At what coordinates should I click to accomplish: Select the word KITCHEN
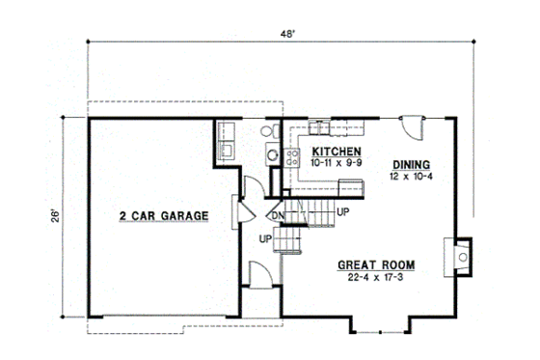tap(337, 152)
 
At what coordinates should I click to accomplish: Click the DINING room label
tap(411, 164)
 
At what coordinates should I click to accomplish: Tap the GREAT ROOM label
tap(376, 264)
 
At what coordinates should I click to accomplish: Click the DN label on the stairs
tap(277, 214)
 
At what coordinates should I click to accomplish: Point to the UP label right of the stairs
tap(343, 211)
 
